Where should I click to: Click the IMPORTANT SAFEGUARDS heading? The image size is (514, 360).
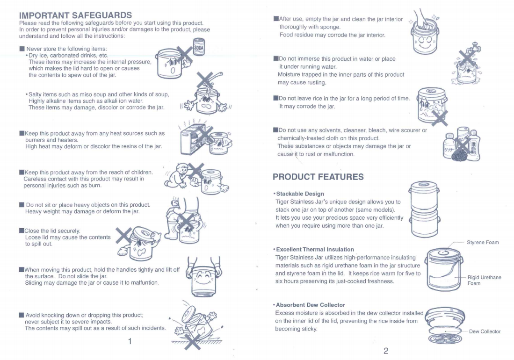click(75, 15)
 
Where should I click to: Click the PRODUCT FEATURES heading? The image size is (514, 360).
click(318, 177)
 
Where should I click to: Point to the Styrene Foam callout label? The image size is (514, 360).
click(483, 242)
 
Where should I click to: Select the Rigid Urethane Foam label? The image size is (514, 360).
click(484, 280)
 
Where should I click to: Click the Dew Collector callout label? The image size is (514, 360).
click(485, 331)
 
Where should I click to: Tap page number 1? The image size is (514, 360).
click(130, 341)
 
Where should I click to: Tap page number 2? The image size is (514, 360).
click(385, 351)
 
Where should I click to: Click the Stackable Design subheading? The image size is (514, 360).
click(300, 194)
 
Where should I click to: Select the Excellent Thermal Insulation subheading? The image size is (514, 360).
click(315, 249)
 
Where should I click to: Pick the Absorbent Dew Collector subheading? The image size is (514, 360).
click(310, 305)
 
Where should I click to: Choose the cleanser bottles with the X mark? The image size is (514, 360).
click(461, 143)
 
